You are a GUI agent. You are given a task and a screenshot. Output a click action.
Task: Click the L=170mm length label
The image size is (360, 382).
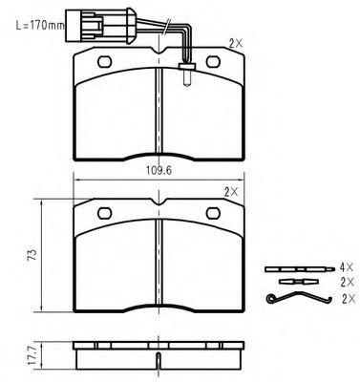[x=40, y=25]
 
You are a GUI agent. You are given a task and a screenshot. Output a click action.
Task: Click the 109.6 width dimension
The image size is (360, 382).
[x=159, y=171]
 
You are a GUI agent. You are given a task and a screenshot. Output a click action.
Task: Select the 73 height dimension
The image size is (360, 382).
[x=32, y=255]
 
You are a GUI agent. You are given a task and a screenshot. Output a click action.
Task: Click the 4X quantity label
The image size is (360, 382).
[x=347, y=267]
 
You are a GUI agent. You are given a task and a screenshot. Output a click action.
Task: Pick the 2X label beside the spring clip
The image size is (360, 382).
[x=349, y=299]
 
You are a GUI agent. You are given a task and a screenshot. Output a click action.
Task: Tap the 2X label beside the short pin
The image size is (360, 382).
[x=347, y=282]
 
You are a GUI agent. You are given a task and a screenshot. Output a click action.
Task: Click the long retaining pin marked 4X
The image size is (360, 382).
[x=300, y=269]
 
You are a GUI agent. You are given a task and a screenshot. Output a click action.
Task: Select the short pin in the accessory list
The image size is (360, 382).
[x=299, y=282]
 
